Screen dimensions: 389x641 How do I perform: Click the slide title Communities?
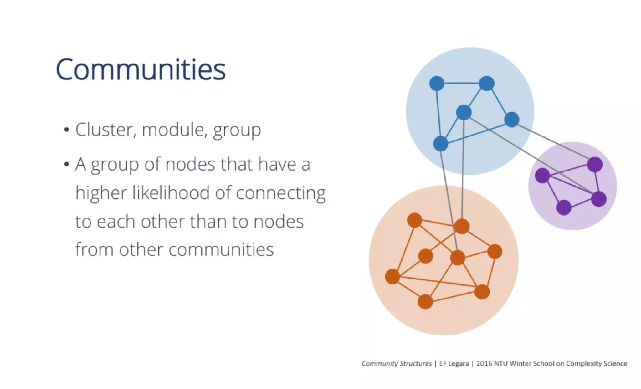click(141, 69)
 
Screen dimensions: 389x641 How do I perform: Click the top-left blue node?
click(437, 83)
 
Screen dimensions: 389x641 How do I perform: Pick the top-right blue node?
click(486, 83)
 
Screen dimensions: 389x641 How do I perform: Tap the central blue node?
click(464, 112)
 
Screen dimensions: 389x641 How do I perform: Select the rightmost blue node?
click(512, 120)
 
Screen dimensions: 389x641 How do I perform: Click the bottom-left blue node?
click(440, 144)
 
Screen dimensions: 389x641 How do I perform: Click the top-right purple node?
click(595, 165)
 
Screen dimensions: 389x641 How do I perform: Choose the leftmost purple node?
click(542, 175)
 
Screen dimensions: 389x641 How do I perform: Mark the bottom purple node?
click(564, 207)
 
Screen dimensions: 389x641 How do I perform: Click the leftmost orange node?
click(392, 277)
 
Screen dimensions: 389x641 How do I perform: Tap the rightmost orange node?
click(495, 252)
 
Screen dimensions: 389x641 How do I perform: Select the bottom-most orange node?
click(425, 302)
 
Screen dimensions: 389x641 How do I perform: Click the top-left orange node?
click(415, 220)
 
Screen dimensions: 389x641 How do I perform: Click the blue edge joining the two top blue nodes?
click(462, 83)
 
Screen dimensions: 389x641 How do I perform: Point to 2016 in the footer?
click(484, 363)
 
